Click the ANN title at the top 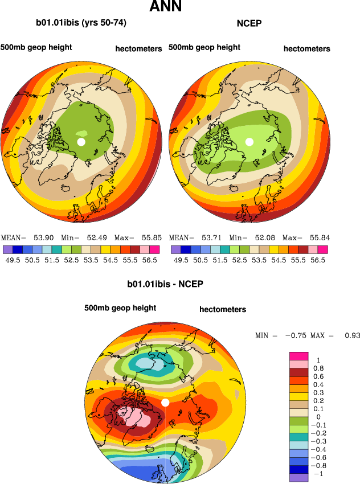166,7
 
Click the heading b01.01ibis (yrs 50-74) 81,23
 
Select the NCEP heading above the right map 249,23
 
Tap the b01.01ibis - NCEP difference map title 165,283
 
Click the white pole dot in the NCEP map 249,141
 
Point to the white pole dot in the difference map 165,403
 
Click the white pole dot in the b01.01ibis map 81,141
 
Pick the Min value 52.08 265,237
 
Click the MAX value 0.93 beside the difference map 352,335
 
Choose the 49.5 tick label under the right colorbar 181,260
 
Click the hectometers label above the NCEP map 306,49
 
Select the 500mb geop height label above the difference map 120,308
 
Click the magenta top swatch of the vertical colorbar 300,355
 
